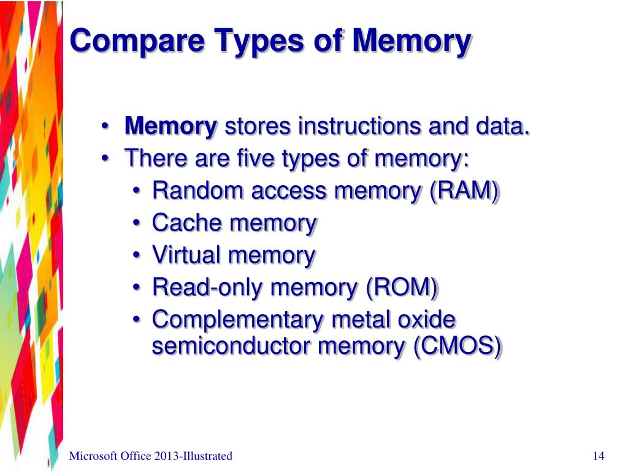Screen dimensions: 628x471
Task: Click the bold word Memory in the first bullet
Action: [171, 128]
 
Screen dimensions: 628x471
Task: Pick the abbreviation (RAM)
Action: [464, 191]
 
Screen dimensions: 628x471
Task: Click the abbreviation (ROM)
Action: [402, 287]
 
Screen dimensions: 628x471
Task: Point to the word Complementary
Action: [237, 320]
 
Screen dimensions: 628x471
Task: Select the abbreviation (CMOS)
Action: [458, 347]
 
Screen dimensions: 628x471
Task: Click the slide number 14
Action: [599, 456]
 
